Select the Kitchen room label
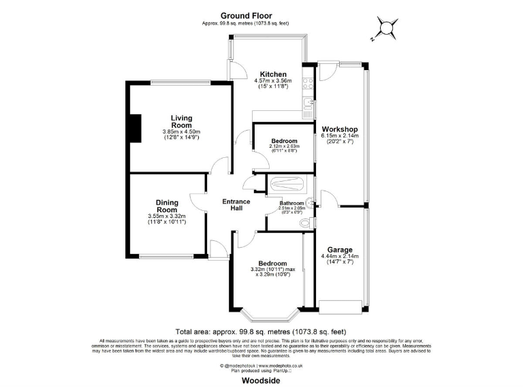click(272, 74)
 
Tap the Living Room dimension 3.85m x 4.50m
click(181, 132)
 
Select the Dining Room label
click(167, 206)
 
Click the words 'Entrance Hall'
click(236, 205)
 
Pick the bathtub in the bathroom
click(290, 184)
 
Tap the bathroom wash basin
click(308, 201)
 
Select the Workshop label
click(340, 129)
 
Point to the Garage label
click(339, 249)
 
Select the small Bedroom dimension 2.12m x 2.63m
click(283, 146)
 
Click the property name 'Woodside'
click(261, 382)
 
